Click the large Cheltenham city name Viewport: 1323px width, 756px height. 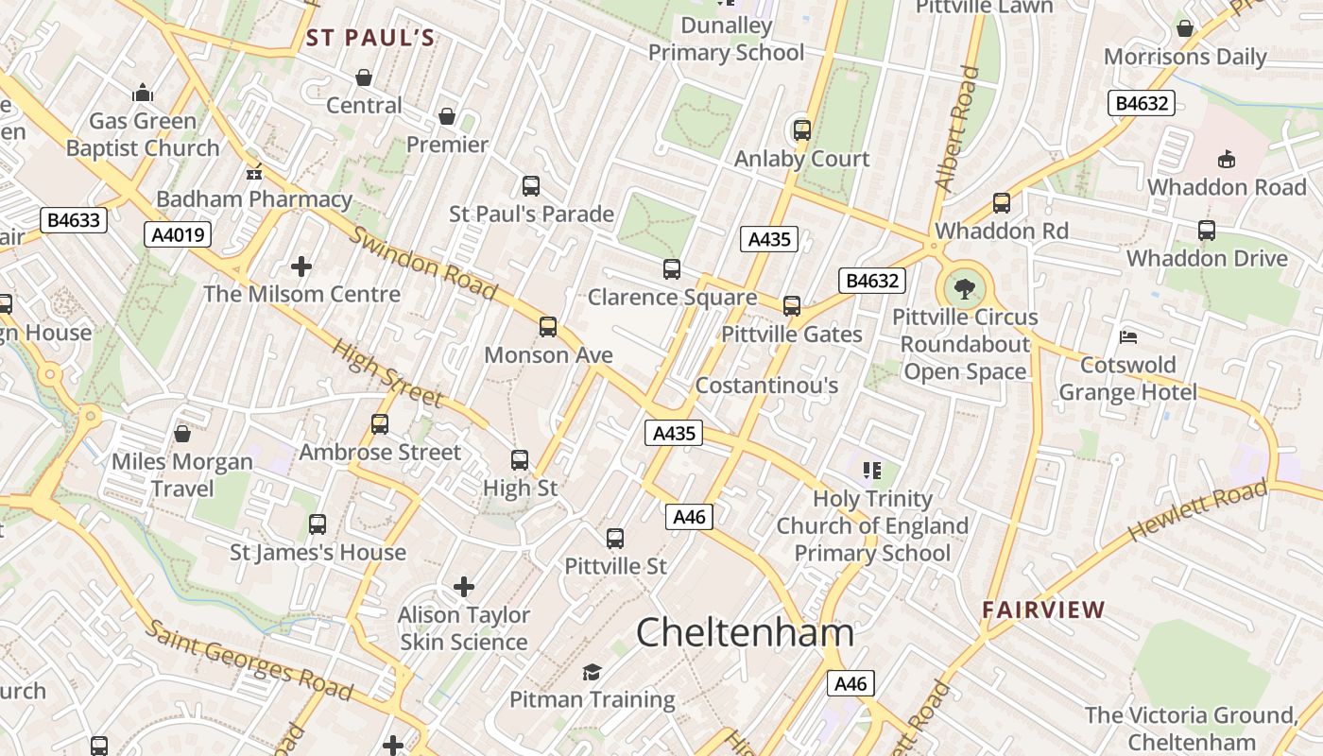point(745,632)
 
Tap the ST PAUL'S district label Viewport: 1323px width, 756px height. point(370,38)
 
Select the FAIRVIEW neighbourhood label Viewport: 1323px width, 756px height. point(1043,610)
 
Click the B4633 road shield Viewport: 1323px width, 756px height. point(74,220)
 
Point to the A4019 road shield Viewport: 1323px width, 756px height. point(178,234)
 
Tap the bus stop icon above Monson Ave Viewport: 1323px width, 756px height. point(548,327)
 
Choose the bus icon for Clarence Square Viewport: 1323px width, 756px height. point(672,269)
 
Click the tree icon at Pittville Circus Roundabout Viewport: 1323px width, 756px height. point(965,288)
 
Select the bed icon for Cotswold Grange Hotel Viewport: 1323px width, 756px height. point(1127,336)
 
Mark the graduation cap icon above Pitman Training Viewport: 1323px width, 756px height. point(592,672)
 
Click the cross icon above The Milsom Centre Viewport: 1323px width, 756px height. point(301,266)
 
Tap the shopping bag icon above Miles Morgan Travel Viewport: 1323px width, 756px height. point(182,434)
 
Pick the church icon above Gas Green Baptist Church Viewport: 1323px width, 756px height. point(143,93)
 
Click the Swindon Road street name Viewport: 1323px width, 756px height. point(422,263)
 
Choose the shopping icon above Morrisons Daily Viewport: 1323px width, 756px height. point(1184,29)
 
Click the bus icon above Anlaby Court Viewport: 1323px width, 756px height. point(801,130)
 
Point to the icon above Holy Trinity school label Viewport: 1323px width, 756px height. point(872,470)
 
